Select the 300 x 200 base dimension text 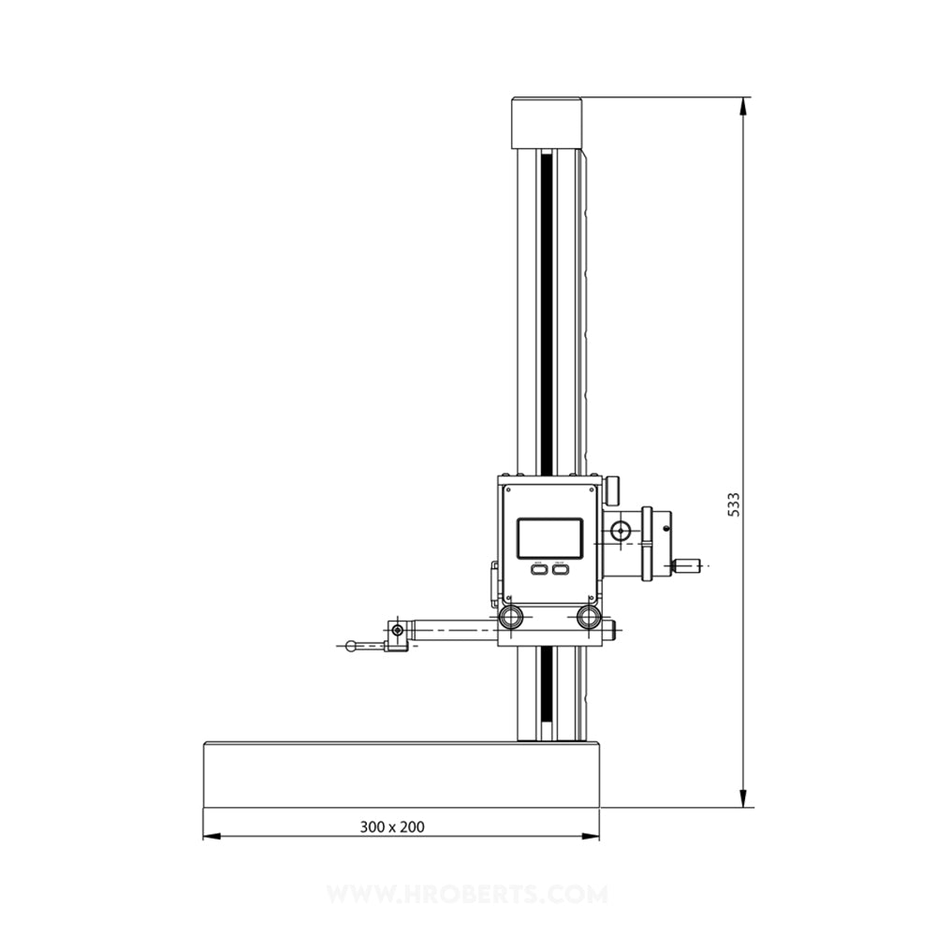pyautogui.click(x=392, y=826)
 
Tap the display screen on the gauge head pyautogui.click(x=550, y=537)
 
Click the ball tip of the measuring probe pyautogui.click(x=350, y=645)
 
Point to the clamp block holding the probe pyautogui.click(x=399, y=636)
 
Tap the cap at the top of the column pyautogui.click(x=546, y=122)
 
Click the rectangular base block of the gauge pyautogui.click(x=402, y=775)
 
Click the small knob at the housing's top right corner pyautogui.click(x=614, y=489)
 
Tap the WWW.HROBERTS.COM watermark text pyautogui.click(x=468, y=895)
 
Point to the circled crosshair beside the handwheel pyautogui.click(x=619, y=532)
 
